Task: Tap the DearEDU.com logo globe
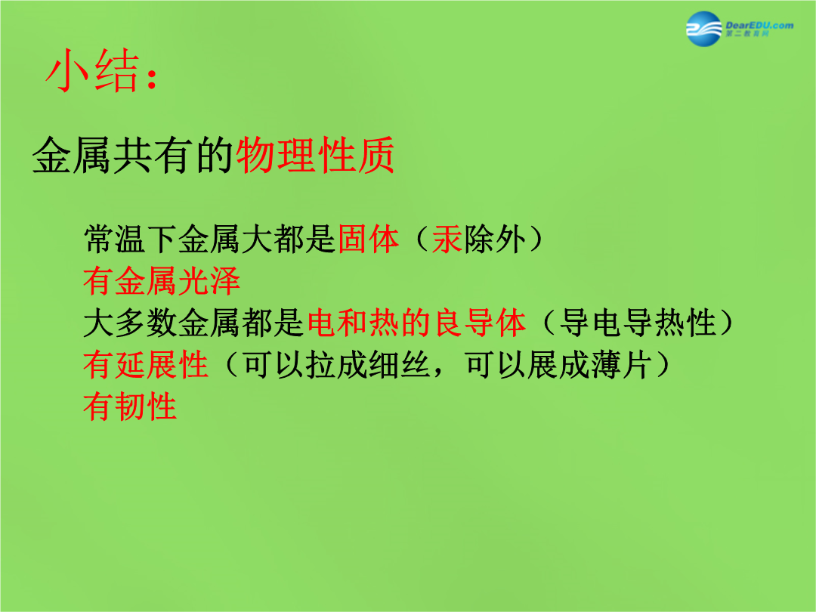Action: click(x=704, y=29)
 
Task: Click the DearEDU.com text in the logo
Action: click(x=759, y=25)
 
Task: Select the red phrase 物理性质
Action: click(x=316, y=155)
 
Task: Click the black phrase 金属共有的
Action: click(x=134, y=155)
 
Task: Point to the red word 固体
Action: click(x=369, y=240)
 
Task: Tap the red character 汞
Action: click(x=447, y=240)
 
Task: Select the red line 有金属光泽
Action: click(x=162, y=281)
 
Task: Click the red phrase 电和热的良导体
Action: click(x=416, y=323)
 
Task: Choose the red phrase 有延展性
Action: click(x=146, y=364)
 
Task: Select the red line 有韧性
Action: click(x=130, y=406)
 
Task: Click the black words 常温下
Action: click(x=130, y=240)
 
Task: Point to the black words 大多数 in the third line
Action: click(x=130, y=323)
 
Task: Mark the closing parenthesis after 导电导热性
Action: click(x=725, y=323)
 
